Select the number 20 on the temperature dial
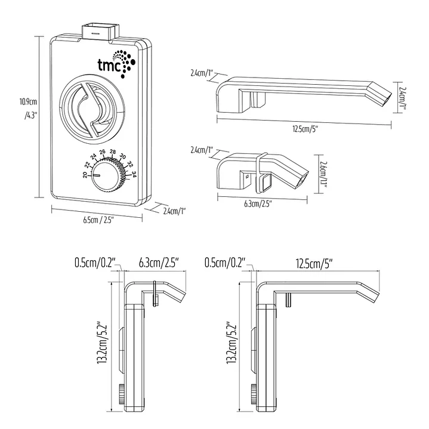point(85,175)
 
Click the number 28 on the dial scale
point(113,152)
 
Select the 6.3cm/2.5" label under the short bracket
point(258,203)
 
